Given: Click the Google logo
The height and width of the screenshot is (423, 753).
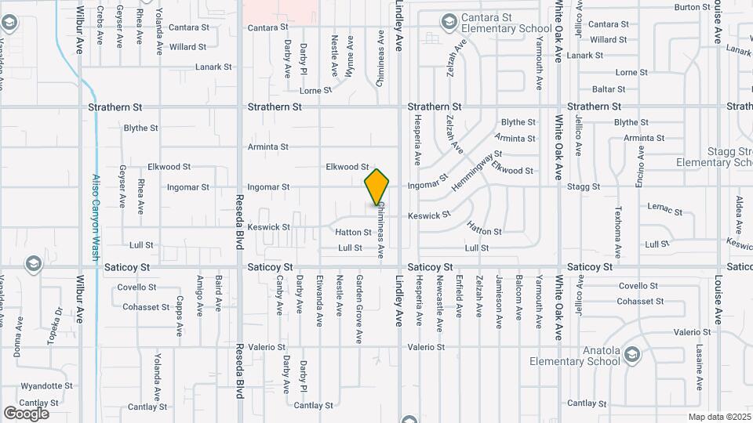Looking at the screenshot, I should click(x=26, y=413).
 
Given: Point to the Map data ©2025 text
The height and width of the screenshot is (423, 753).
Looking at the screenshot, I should click(x=719, y=417).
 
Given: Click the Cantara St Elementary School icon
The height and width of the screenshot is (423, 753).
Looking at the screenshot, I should click(x=449, y=21).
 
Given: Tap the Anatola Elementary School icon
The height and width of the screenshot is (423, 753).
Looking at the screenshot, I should click(x=631, y=358).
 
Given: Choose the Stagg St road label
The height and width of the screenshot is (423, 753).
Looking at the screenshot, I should click(x=584, y=187).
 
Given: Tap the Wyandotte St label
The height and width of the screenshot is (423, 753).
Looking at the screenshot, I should click(x=46, y=386).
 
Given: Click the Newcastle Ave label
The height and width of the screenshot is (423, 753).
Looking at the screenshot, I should click(x=440, y=296).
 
